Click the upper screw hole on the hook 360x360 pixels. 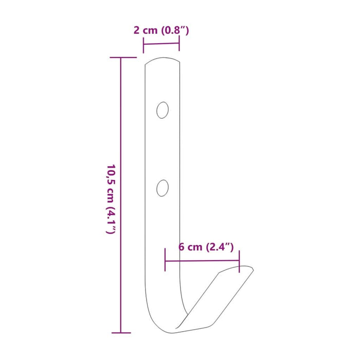point(163,110)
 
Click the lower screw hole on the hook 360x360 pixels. point(163,188)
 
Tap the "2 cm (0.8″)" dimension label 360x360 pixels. point(161,30)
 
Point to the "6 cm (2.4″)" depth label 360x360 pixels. point(206,247)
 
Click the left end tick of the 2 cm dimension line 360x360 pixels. point(143,45)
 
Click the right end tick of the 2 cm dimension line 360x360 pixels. point(179,43)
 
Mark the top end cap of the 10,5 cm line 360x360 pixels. point(123,58)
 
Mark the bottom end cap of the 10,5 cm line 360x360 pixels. point(121,333)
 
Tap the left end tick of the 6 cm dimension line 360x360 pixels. point(165,260)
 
